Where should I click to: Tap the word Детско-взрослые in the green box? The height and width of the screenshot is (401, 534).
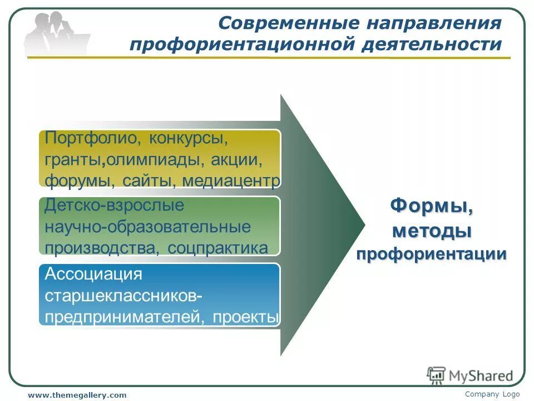pyautogui.click(x=114, y=205)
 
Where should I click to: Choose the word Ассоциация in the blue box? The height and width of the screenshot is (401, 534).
pyautogui.click(x=93, y=274)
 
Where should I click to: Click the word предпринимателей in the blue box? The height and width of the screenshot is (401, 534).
pyautogui.click(x=118, y=317)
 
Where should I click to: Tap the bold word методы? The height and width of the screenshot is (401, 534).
pyautogui.click(x=432, y=230)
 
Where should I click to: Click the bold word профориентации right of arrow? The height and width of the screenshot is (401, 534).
pyautogui.click(x=432, y=255)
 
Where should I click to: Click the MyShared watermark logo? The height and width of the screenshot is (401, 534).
pyautogui.click(x=469, y=375)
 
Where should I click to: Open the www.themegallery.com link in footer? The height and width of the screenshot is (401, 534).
pyautogui.click(x=77, y=395)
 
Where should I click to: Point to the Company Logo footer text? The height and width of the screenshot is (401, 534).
pyautogui.click(x=492, y=394)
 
